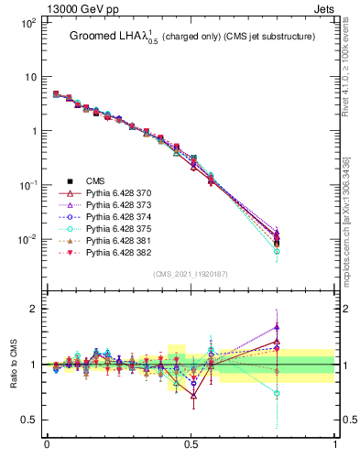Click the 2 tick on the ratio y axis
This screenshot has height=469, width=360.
[32, 309]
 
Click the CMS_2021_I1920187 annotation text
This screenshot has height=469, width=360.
[191, 274]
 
